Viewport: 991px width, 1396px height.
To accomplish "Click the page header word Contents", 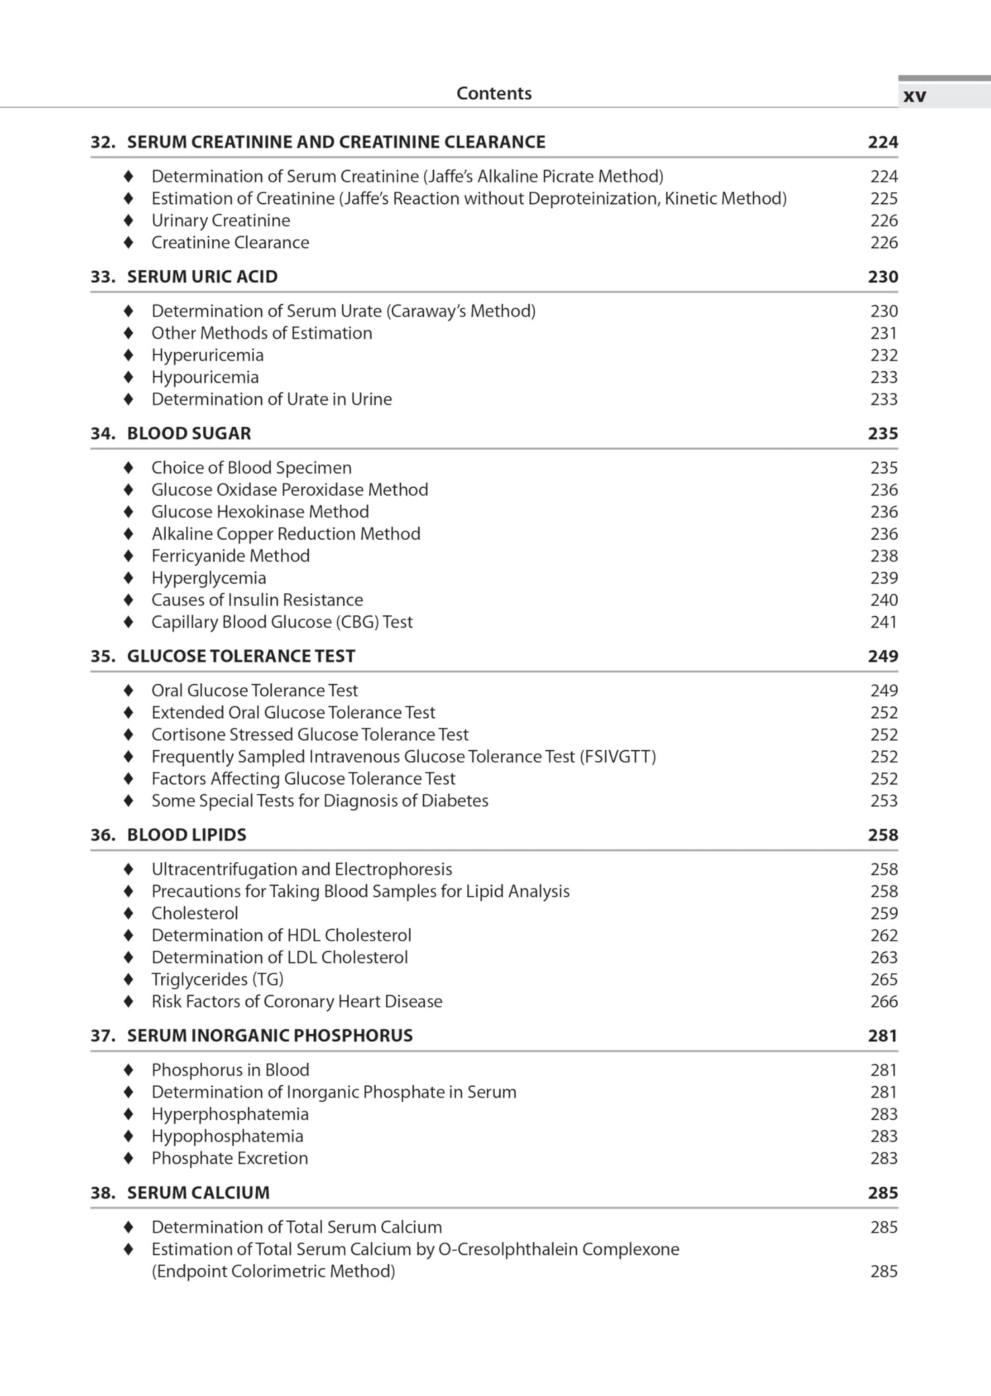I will point(494,93).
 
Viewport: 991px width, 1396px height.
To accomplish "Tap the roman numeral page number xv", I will point(914,96).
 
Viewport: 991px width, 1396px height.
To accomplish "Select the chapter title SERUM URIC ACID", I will point(202,277).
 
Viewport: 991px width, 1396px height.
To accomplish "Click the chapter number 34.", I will point(102,433).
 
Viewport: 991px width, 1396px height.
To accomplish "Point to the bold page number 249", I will point(883,656).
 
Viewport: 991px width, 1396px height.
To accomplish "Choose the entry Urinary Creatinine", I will point(221,221).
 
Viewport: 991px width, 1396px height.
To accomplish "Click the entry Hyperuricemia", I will point(207,355).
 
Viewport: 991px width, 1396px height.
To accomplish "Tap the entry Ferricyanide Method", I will point(231,556).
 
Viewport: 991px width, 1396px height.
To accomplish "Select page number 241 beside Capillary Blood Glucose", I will point(883,622).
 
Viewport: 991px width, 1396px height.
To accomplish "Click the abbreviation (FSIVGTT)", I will point(618,757).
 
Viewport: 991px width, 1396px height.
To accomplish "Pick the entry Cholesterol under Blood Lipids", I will point(195,914).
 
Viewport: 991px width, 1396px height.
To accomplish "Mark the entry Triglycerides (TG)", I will point(217,980).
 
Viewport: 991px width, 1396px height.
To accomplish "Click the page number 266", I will point(883,1002).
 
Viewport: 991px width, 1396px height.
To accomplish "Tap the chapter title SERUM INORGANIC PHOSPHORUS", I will point(270,1036).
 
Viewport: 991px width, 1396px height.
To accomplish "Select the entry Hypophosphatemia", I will point(227,1136).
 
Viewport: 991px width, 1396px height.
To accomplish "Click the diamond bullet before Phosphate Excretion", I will point(129,1158).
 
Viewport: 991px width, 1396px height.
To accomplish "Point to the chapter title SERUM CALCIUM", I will point(198,1193).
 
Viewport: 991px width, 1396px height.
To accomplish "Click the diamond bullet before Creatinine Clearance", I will point(129,242).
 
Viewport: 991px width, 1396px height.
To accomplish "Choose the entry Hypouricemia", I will point(205,377).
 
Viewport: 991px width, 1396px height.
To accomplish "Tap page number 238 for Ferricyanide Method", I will point(883,556).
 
